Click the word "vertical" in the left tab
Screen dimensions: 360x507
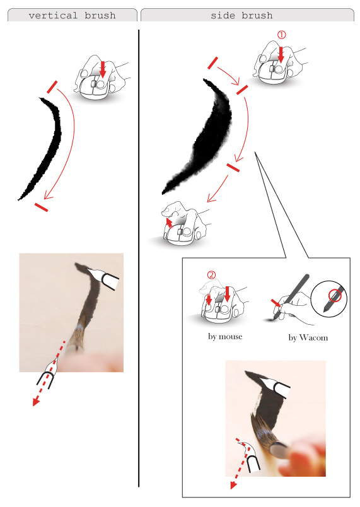53,15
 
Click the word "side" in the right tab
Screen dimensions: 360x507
223,15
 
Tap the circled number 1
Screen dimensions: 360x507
281,35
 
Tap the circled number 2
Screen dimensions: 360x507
211,275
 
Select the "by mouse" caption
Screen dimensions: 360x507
225,337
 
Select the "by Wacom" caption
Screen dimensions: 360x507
308,337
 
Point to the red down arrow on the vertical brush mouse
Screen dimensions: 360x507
103,69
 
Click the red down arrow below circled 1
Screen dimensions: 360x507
281,55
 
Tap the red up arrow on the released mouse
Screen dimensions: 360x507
169,223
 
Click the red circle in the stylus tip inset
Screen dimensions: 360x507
335,295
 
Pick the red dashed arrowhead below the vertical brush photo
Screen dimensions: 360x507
35,402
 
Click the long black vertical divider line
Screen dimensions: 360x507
139,258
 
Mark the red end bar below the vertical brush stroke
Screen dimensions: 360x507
42,207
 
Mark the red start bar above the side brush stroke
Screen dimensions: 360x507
213,63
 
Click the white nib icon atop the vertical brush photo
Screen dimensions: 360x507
103,277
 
